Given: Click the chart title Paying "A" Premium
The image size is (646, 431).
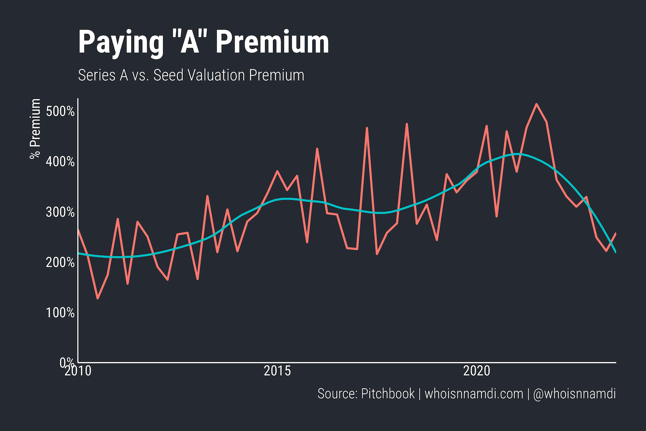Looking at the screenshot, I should coord(204,43).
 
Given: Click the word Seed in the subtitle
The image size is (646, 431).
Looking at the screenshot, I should coord(168,75).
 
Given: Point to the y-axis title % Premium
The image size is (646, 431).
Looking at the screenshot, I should coord(35,129).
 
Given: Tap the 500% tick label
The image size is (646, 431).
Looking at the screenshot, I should coord(60,111).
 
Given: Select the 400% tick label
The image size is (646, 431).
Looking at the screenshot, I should coord(60,162).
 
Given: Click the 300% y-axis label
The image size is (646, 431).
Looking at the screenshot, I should coord(60,212).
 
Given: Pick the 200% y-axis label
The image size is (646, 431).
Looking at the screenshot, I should coord(60,262).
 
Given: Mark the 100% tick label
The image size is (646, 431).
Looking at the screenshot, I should coord(60,312).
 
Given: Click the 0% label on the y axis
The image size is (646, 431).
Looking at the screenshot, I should coord(66,362).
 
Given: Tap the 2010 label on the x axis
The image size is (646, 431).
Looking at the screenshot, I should coord(78,371).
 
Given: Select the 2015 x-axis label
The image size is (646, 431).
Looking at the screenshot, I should coord(277,371).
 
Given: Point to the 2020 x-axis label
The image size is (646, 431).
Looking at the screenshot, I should coord(477,371).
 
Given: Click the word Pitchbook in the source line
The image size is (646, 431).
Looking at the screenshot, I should coord(388,394).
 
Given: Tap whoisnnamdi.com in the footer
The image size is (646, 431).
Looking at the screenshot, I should coord(474,394).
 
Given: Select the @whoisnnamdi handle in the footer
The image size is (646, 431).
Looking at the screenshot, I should coord(574,394).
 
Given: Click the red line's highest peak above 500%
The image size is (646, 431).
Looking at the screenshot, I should coord(537,104).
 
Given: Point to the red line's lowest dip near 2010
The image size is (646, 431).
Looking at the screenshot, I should coord(98,298).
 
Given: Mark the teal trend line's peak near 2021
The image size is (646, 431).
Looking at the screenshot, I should coord(517,154).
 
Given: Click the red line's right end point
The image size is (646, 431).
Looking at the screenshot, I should coord(615,233).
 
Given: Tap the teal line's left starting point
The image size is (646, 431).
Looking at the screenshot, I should coord(79,253).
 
